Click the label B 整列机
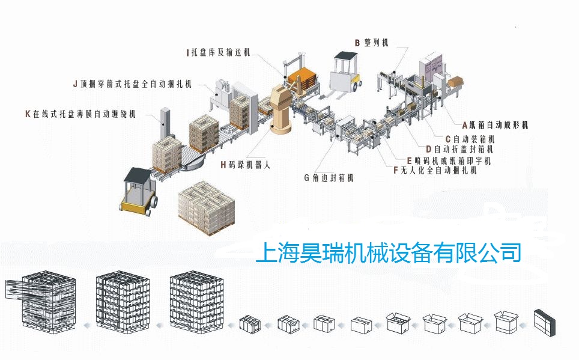(x=371, y=43)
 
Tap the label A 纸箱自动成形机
(x=495, y=126)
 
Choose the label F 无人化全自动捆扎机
(x=434, y=171)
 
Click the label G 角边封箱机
(x=329, y=178)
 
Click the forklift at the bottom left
(x=138, y=192)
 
